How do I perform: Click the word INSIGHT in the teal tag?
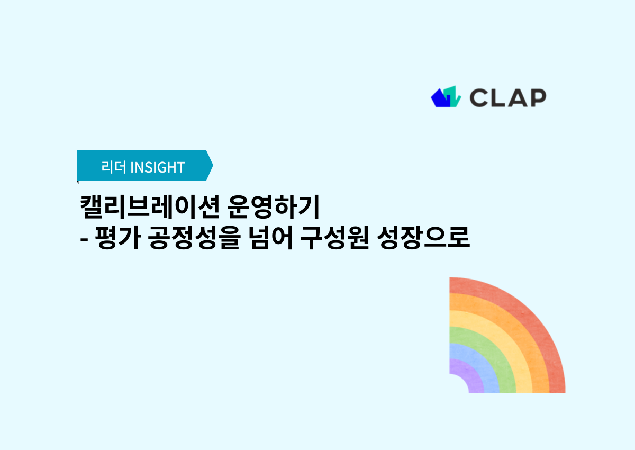158,167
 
